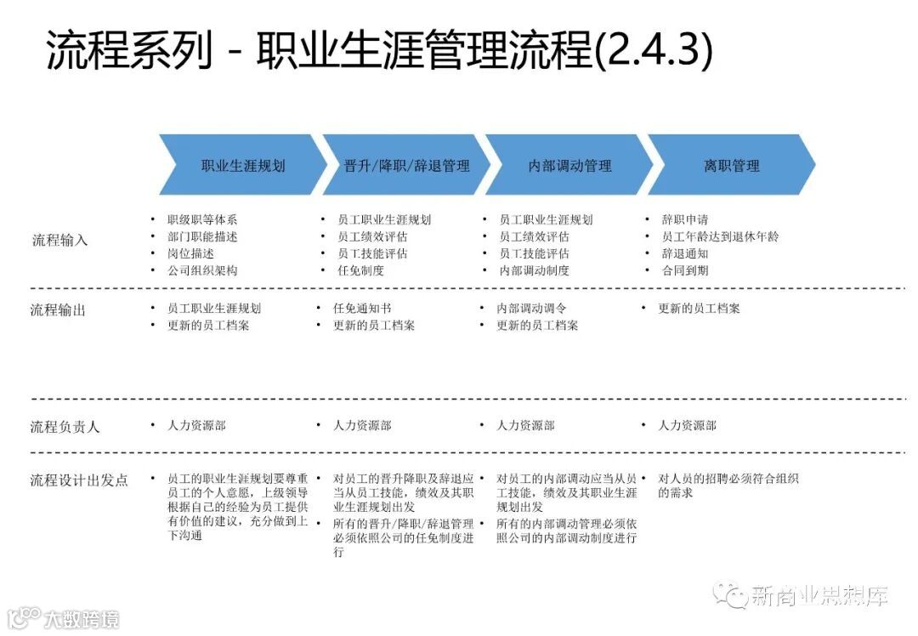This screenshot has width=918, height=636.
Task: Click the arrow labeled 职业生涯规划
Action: tap(242, 166)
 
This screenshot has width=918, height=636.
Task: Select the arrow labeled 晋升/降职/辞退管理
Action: tap(406, 166)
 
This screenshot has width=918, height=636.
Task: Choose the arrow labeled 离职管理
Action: tap(731, 166)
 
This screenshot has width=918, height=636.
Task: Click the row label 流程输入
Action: tap(59, 240)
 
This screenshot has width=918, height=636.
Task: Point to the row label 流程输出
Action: tap(58, 309)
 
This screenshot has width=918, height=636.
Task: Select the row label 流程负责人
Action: tap(65, 426)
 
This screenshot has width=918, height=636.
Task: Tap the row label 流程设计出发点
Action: tap(79, 480)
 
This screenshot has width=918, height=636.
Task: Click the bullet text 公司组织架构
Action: tap(202, 270)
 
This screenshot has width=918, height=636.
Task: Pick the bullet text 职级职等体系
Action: tap(202, 219)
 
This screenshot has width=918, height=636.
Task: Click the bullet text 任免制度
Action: tap(360, 270)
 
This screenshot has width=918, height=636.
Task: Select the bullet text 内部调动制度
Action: tap(534, 270)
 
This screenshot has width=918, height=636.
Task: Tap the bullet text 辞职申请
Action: tap(685, 219)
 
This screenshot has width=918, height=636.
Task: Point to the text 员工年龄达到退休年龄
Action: tap(720, 236)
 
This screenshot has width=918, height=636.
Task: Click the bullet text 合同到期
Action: tap(685, 270)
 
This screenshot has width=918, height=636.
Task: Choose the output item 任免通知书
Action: tap(362, 308)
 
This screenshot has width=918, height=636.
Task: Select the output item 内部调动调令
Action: tap(531, 308)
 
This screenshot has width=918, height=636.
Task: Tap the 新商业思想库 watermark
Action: tap(819, 595)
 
